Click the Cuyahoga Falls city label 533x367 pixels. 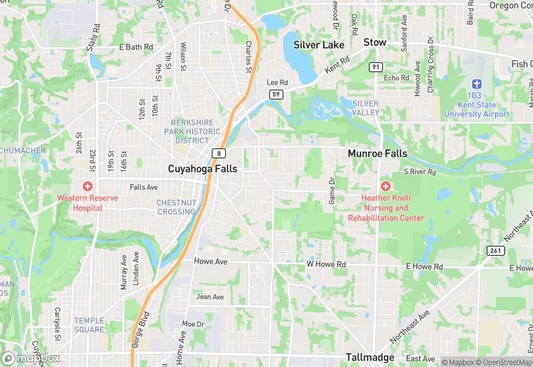pos(203,169)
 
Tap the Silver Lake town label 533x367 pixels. pos(319,45)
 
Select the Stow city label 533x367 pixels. pos(375,43)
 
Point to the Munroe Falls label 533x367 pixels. pos(377,153)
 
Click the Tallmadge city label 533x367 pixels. pos(374,357)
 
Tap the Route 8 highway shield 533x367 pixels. pos(220,153)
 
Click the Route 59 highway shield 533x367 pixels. pos(278,93)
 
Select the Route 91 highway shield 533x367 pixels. pos(376,67)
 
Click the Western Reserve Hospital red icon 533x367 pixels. pos(88,186)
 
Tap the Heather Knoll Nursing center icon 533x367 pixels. pos(385,186)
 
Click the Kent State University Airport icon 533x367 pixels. pos(477,83)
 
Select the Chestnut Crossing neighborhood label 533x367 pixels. pos(176,207)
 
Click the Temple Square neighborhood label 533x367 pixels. pos(89,325)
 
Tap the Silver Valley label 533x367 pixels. pos(365,108)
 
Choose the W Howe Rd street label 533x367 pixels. pos(326,265)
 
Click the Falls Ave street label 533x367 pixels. pos(144,187)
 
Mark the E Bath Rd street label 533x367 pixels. pos(136,48)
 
